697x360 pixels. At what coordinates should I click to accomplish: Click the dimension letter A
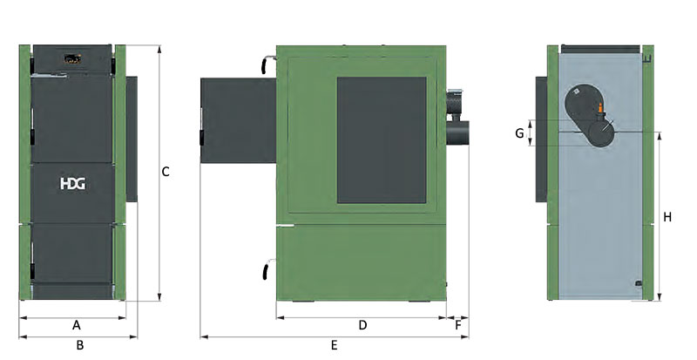pos(77,325)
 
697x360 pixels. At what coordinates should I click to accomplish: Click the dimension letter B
pos(79,345)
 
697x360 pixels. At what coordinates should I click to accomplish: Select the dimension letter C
pos(166,172)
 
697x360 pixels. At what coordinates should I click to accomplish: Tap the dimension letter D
pos(362,325)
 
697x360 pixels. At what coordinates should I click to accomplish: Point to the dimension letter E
pos(334,345)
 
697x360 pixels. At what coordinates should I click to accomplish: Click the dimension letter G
pos(519,133)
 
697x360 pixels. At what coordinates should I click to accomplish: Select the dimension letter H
pos(667,217)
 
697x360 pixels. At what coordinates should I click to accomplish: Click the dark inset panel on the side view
pos(382,139)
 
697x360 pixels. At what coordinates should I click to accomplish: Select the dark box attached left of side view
pos(237,119)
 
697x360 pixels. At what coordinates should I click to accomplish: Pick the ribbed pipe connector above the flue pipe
pos(457,103)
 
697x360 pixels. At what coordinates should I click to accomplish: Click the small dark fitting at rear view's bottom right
pos(639,283)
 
